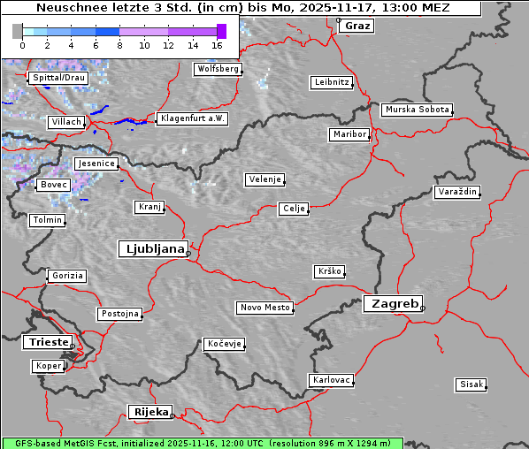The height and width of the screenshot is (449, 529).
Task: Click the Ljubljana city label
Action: tap(152, 248)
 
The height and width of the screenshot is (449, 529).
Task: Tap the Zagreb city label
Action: tap(392, 303)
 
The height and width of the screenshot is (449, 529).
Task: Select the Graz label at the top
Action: tap(357, 26)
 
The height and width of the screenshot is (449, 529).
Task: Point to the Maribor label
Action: tap(349, 134)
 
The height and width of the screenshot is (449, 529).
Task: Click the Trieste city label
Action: tap(45, 341)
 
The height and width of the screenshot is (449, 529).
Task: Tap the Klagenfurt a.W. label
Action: tap(192, 118)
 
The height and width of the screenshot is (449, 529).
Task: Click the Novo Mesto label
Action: tap(264, 308)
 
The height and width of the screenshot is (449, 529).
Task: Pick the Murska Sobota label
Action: tap(417, 110)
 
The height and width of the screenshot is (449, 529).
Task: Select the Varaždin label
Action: tap(457, 192)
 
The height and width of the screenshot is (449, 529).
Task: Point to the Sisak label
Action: tap(471, 384)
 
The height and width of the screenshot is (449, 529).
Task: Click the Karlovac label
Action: tap(331, 380)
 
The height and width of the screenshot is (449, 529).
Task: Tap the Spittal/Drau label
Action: tap(57, 78)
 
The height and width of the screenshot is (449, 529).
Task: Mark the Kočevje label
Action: tap(223, 343)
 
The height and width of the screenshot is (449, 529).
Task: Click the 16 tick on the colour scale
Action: tap(217, 45)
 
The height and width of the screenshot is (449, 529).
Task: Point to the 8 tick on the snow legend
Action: tap(119, 45)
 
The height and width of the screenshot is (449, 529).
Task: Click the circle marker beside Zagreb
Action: tap(423, 308)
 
